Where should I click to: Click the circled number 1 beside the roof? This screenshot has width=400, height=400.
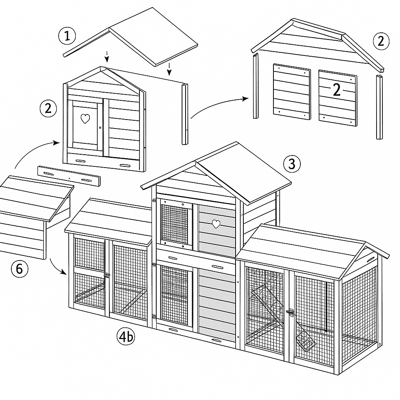(67, 36)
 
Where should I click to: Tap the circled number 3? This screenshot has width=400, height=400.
(292, 164)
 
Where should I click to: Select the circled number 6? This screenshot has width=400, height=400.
(20, 269)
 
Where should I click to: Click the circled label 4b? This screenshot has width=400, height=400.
(126, 336)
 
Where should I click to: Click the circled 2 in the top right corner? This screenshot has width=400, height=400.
(381, 41)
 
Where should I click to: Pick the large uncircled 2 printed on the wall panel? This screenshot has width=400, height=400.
(337, 90)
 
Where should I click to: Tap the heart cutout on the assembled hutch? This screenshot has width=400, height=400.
(216, 224)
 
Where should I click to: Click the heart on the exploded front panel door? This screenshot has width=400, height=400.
(85, 119)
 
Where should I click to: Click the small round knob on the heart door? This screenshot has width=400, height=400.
(100, 128)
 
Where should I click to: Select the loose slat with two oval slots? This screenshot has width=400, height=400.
(69, 176)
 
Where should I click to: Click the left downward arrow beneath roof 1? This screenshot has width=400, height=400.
(107, 57)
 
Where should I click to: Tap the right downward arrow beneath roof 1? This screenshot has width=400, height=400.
(169, 70)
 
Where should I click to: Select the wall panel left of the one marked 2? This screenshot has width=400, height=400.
(292, 92)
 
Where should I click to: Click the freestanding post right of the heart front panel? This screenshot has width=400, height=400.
(185, 114)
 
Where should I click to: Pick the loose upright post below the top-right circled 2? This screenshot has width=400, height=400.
(380, 107)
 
